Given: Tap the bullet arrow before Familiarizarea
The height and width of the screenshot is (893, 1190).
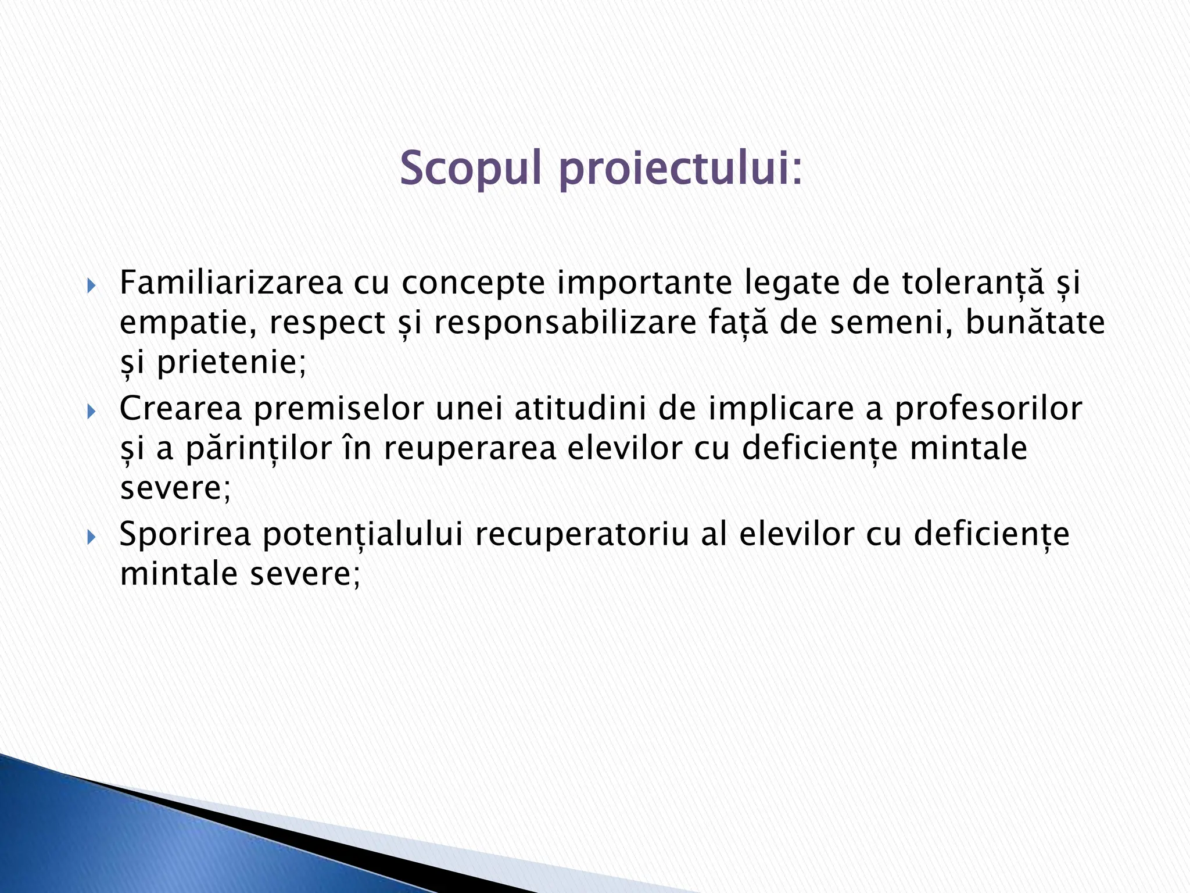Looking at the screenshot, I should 91,286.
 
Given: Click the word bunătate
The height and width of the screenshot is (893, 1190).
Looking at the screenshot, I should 1035,323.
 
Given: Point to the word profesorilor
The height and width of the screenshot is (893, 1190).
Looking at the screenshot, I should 987,409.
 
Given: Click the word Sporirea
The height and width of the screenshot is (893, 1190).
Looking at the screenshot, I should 185,535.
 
